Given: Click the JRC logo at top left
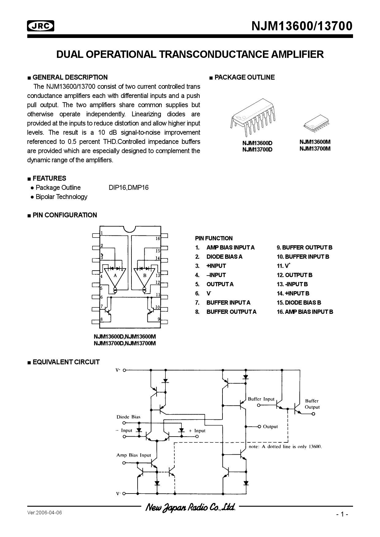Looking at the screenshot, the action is (41, 26).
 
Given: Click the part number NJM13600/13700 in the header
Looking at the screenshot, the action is (302, 26).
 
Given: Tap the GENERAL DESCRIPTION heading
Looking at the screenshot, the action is (70, 77).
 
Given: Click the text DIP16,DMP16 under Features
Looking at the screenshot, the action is (128, 188).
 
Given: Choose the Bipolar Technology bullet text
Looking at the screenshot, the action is (61, 197).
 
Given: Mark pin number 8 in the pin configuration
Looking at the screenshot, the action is (101, 319).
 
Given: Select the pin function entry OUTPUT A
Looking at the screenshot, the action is (220, 284).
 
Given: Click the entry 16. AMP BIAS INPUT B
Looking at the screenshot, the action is (305, 312).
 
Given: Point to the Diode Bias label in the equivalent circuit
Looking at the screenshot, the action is (128, 417).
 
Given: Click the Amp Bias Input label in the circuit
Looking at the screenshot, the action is (134, 455).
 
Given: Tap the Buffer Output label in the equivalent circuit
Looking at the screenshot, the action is (312, 404).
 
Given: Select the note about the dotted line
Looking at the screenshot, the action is (285, 446).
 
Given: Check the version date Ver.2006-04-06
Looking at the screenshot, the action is (44, 513).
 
